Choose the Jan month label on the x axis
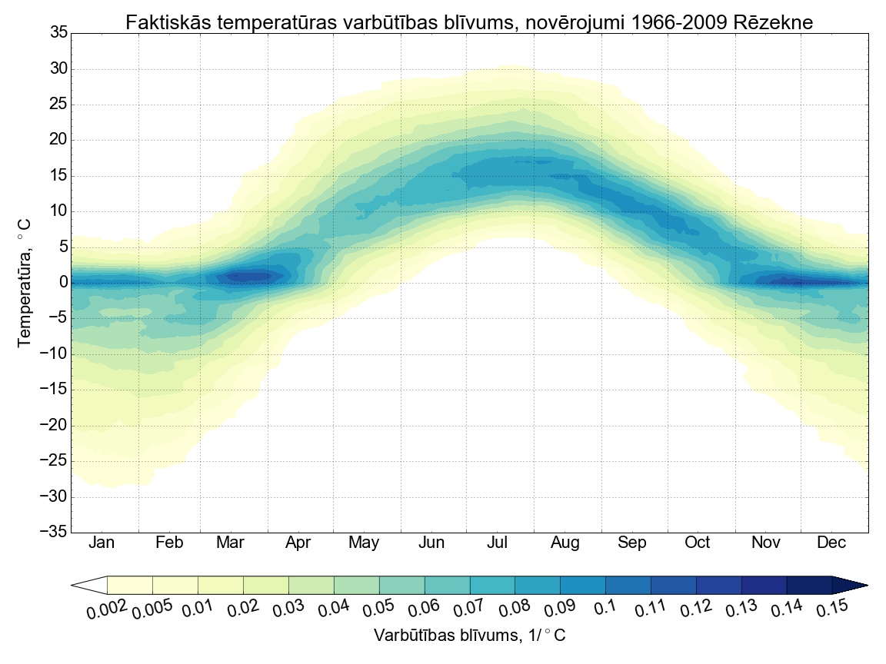click(102, 543)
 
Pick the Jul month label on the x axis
click(497, 543)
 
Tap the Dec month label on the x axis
click(831, 543)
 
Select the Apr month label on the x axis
click(298, 543)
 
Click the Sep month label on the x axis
click(631, 543)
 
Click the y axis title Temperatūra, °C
click(25, 282)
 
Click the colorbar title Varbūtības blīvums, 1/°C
click(469, 636)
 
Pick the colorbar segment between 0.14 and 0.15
click(810, 586)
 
